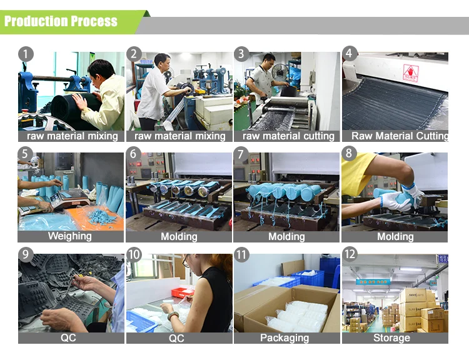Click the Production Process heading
tap(61, 21)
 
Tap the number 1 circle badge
tap(26, 54)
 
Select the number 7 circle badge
tap(241, 154)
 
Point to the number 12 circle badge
tap(350, 254)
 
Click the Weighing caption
tap(70, 236)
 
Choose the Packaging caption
tap(285, 338)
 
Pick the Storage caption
tap(391, 338)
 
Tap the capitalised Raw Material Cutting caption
tap(400, 136)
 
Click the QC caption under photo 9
tap(68, 338)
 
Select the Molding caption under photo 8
tap(395, 236)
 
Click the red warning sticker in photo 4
tap(411, 72)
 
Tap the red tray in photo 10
tap(183, 292)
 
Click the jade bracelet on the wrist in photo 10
tap(173, 316)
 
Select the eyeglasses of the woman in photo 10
tap(186, 261)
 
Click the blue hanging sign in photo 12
tap(373, 282)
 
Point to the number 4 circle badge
tap(350, 54)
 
